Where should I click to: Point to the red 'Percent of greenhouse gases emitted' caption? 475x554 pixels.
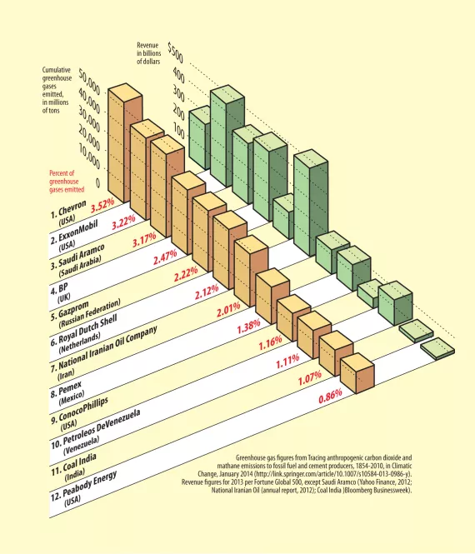pos(69,182)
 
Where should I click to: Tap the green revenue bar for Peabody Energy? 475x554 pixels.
pos(438,347)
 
